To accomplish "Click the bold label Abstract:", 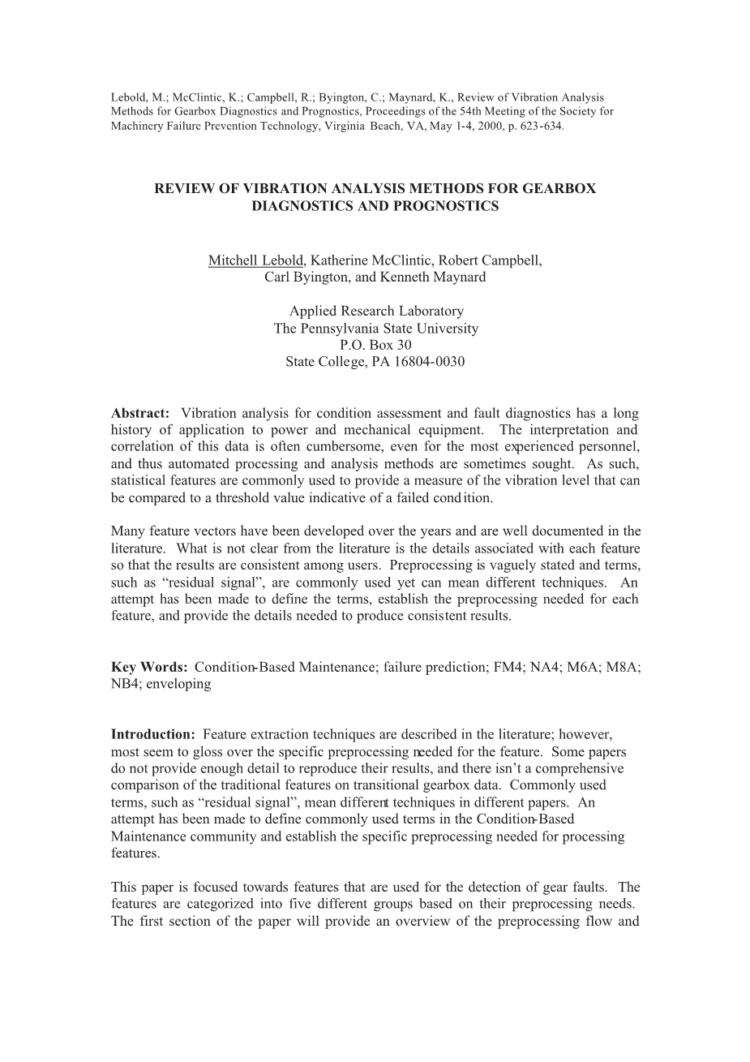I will [x=140, y=413].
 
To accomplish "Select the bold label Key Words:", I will [x=149, y=667].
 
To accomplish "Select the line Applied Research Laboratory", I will [x=376, y=311].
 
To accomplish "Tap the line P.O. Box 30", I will [x=376, y=345].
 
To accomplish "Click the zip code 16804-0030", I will [x=435, y=362].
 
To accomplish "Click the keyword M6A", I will [x=584, y=667].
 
